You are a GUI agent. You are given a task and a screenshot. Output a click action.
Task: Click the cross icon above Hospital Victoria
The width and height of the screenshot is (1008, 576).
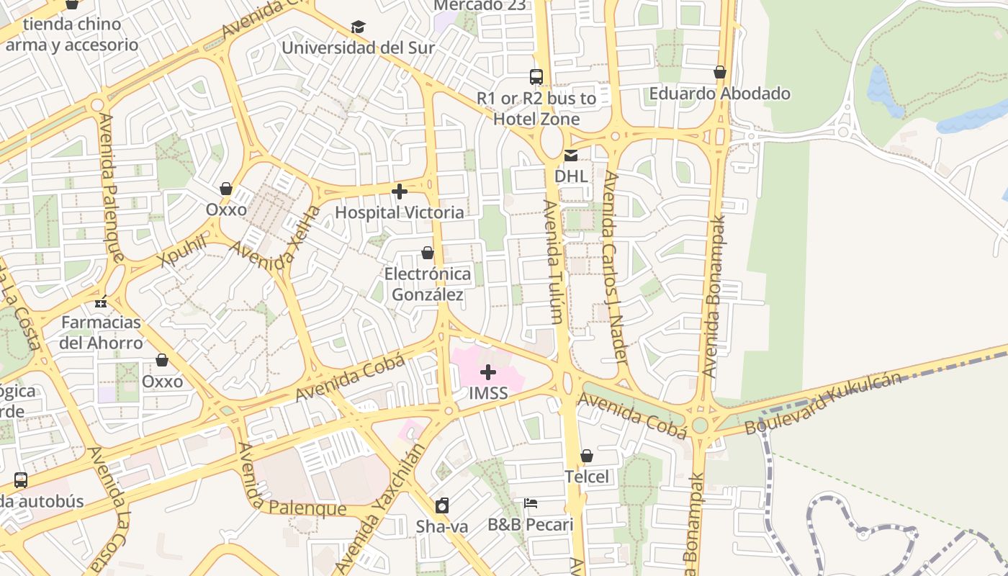point(400,192)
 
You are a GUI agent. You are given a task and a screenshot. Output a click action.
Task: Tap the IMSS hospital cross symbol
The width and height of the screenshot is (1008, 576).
point(488,372)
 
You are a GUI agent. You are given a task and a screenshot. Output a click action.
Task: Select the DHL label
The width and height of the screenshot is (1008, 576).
point(571,176)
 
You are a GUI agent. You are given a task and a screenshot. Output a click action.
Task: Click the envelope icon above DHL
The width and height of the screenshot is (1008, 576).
point(571,155)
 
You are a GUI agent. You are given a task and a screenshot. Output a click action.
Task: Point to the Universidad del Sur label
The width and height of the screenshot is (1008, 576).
point(358,48)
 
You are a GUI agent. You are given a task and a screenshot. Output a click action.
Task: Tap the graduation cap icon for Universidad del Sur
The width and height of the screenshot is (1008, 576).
point(358,27)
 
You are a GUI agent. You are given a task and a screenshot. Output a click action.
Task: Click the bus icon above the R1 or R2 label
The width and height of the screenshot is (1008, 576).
point(536,76)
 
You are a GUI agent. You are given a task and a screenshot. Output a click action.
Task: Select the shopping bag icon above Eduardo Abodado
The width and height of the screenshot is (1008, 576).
point(719,72)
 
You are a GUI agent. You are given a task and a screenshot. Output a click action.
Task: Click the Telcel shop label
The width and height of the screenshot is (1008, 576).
point(586,477)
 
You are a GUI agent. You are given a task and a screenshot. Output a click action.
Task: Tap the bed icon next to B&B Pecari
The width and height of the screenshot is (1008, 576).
point(531,503)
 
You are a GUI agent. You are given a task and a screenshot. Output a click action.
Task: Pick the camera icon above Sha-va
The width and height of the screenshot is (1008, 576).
point(442,505)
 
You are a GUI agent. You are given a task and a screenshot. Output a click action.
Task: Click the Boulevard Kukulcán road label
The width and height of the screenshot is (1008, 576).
point(822,403)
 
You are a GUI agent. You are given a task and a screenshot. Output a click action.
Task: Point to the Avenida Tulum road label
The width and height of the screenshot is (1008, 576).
point(551,262)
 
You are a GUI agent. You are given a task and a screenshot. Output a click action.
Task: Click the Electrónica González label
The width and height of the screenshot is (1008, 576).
point(428,284)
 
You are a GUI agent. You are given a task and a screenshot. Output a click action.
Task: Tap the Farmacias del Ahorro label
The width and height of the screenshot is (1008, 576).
point(101,332)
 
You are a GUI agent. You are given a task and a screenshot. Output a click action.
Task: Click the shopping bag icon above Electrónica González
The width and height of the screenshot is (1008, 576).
point(428,253)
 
